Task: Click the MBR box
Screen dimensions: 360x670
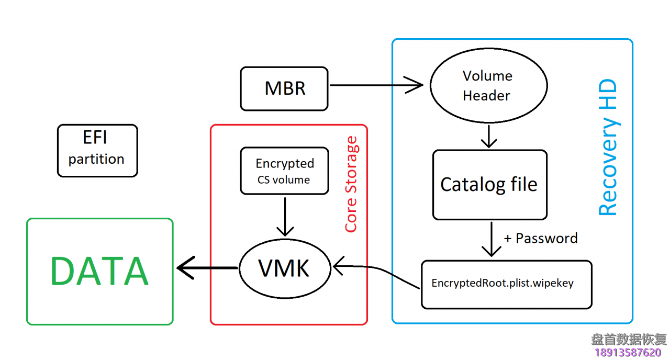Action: pyautogui.click(x=284, y=88)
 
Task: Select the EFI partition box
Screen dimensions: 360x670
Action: pyautogui.click(x=97, y=150)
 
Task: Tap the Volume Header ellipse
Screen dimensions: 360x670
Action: pyautogui.click(x=488, y=86)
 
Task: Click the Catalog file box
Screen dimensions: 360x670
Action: pyautogui.click(x=489, y=185)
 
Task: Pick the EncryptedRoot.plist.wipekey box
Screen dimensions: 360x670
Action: pyautogui.click(x=506, y=284)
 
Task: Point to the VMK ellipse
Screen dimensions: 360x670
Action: pyautogui.click(x=284, y=268)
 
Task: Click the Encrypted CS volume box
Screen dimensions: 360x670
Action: pyautogui.click(x=284, y=171)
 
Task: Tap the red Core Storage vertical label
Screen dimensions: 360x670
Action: pyautogui.click(x=351, y=184)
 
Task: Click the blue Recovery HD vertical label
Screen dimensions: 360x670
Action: pyautogui.click(x=608, y=148)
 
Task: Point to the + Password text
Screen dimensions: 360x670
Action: pyautogui.click(x=540, y=239)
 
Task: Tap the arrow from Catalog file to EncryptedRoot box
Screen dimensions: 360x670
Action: pyautogui.click(x=491, y=239)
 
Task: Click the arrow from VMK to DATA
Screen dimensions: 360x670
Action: pyautogui.click(x=207, y=268)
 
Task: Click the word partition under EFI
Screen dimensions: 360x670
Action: pyautogui.click(x=96, y=159)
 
